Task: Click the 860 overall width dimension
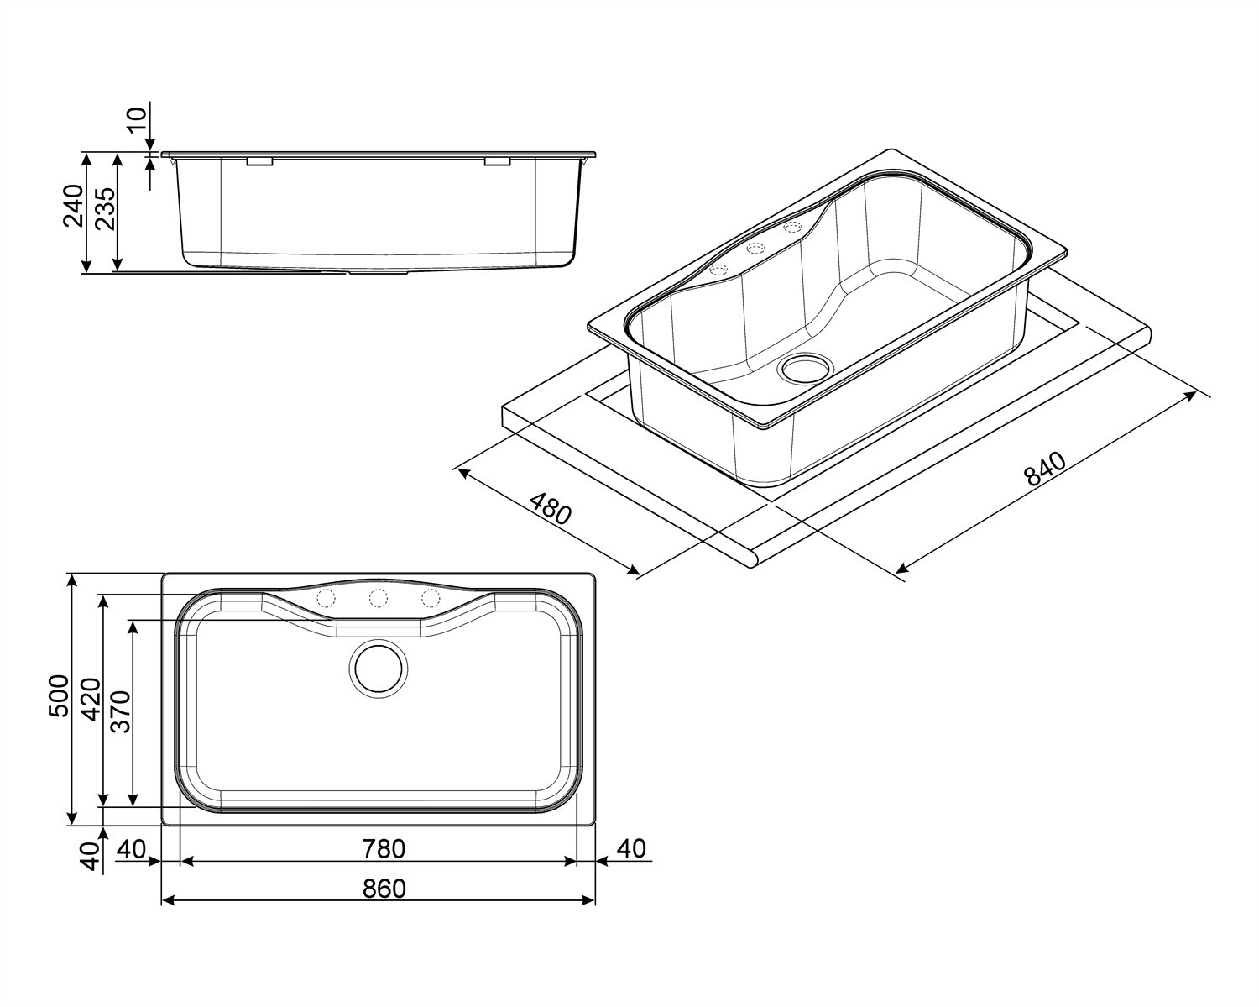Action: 384,889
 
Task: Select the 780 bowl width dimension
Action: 384,849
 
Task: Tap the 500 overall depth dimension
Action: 59,695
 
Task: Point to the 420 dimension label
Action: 91,700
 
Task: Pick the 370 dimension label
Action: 121,712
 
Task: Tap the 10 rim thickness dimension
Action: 136,122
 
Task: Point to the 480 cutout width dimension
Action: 550,508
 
